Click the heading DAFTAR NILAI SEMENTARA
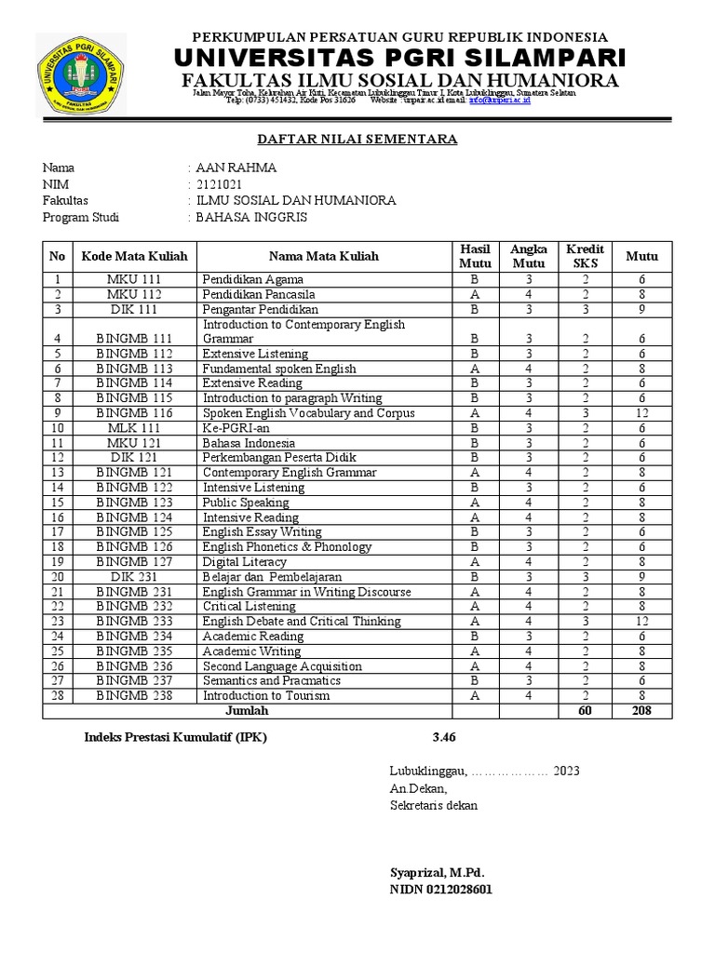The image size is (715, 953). coord(357,140)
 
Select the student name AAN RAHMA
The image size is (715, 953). coord(236,168)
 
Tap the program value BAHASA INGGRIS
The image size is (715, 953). coord(250,217)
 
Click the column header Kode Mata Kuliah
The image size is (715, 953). coord(134,256)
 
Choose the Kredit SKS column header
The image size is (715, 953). coord(585,256)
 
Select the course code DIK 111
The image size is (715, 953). coord(134,309)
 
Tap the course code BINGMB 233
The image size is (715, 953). coord(134,622)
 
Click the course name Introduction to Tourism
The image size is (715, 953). coord(266,696)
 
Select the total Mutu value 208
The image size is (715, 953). coord(641,711)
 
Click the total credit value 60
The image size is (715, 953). coord(585,711)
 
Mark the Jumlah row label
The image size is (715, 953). coord(247,711)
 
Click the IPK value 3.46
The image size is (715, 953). coord(445,738)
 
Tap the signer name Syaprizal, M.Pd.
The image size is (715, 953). coord(437,873)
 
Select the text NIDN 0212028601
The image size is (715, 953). coord(440,890)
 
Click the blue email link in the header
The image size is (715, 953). coord(500,100)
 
